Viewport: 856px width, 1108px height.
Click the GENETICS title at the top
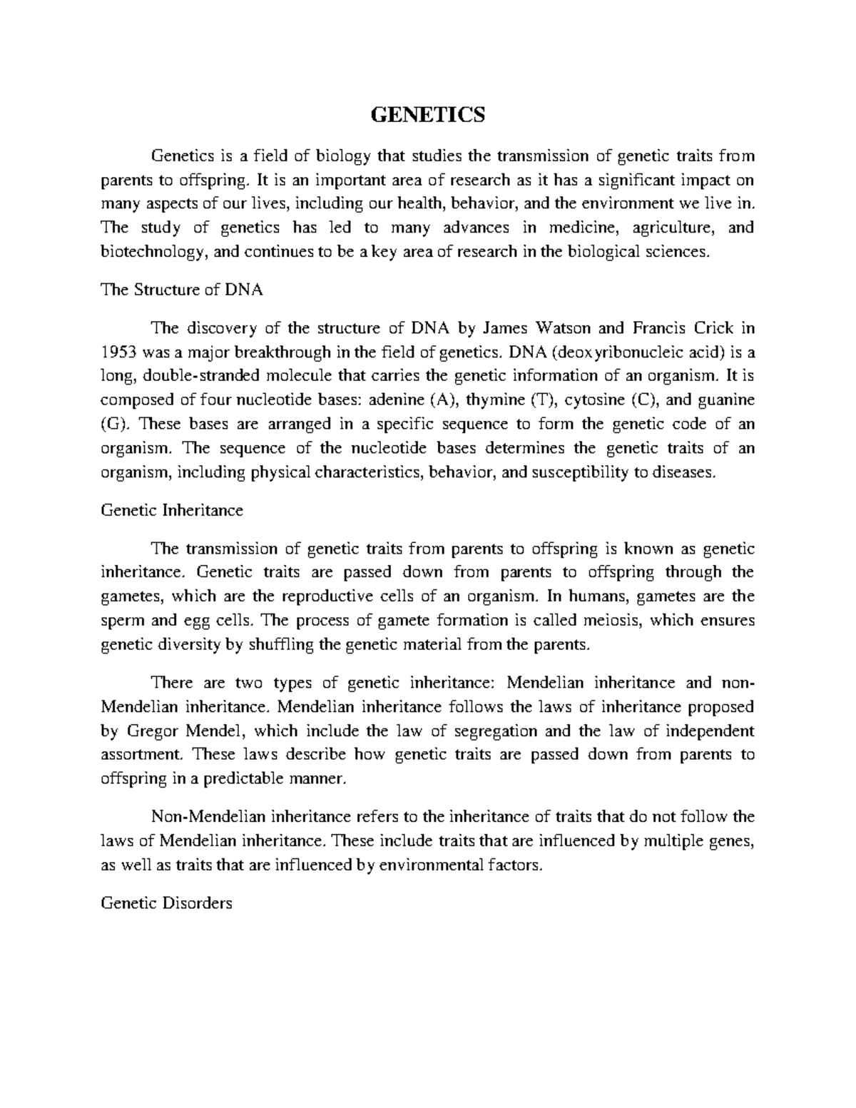coord(427,114)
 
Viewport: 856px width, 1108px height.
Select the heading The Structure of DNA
coord(182,290)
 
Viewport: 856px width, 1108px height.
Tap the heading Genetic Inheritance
coord(172,511)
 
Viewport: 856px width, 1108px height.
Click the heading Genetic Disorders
coord(167,903)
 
